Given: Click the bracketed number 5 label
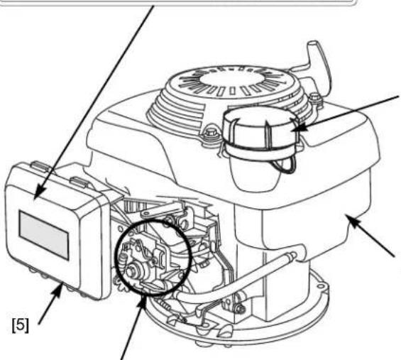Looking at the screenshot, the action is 21,325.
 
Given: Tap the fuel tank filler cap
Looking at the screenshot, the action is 261,131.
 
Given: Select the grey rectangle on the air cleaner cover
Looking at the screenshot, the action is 44,235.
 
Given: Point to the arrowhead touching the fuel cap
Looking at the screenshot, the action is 300,127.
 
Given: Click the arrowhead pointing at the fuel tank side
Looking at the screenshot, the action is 353,221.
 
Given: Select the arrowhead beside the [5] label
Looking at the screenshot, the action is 58,290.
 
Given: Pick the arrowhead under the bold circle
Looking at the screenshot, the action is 142,302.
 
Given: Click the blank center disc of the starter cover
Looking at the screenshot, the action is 231,77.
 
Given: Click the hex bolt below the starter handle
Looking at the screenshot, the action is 314,98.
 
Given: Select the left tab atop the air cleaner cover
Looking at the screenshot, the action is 41,166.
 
